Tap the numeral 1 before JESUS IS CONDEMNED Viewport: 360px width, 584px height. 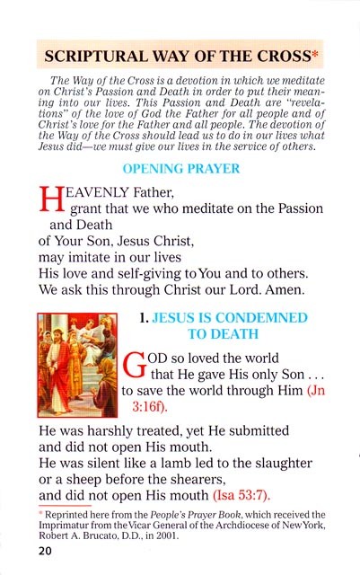pyautogui.click(x=145, y=318)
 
